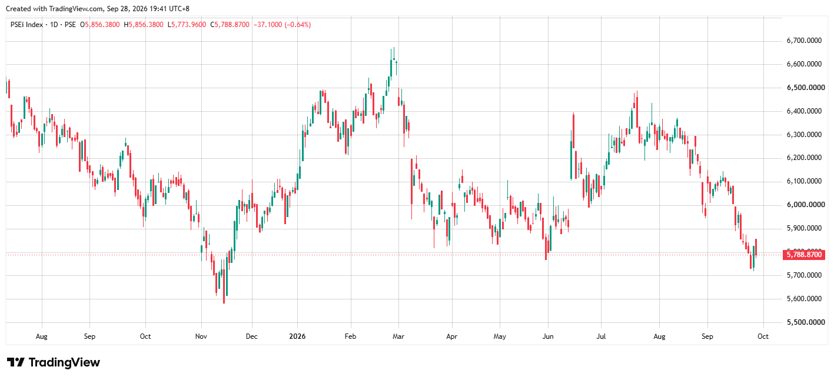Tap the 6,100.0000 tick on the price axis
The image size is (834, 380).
[x=804, y=181]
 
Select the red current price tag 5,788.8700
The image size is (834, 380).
[x=804, y=255]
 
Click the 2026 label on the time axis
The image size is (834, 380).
[x=297, y=336]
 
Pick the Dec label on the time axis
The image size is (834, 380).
[x=251, y=336]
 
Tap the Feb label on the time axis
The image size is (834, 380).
[x=350, y=336]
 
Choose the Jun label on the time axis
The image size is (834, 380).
[x=548, y=336]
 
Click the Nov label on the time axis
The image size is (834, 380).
[x=201, y=336]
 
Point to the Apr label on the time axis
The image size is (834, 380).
[x=451, y=336]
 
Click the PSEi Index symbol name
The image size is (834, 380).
[x=26, y=25]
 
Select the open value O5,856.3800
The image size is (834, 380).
[x=100, y=25]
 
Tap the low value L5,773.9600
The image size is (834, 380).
[x=187, y=25]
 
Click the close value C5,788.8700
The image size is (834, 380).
[x=230, y=25]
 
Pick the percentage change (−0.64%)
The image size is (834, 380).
[x=297, y=25]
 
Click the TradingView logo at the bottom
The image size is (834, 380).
[x=53, y=362]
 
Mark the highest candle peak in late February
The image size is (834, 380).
[x=394, y=48]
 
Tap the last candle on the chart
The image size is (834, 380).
[x=756, y=247]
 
